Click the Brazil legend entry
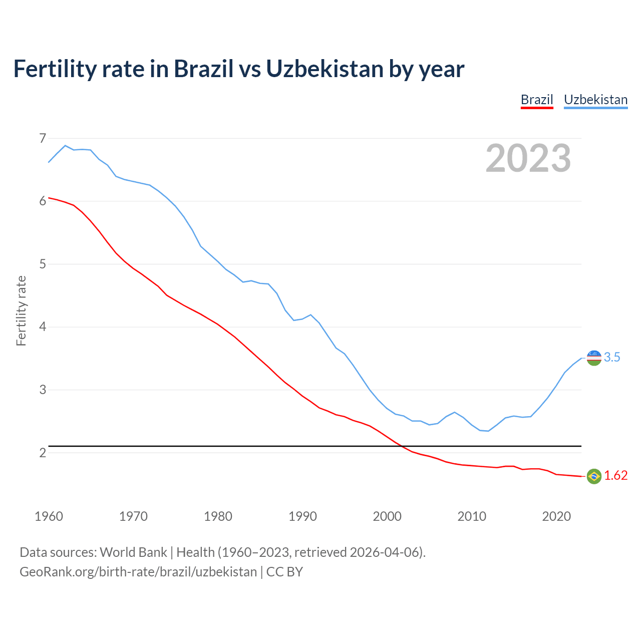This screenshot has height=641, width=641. point(537,100)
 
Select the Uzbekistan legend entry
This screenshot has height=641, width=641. point(595,100)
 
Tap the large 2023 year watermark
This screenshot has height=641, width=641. point(528,158)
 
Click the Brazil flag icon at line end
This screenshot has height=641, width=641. point(594,476)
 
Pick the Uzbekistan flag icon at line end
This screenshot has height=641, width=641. point(594,358)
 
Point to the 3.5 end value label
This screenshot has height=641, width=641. point(612,357)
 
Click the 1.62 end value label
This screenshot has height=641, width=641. point(615,475)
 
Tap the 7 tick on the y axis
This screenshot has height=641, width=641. point(43,138)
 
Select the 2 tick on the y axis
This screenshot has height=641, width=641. point(43,453)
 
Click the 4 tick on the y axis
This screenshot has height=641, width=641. point(43,327)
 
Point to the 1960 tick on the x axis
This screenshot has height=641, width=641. point(49,516)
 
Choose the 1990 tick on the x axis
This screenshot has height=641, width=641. point(302,516)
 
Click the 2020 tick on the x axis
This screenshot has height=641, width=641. point(556,516)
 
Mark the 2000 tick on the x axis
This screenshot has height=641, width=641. point(387,516)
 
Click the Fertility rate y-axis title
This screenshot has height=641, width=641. point(21,310)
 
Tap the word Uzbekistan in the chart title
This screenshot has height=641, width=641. point(324,69)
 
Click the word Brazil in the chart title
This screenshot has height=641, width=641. point(203,69)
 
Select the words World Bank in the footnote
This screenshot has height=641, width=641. point(133,552)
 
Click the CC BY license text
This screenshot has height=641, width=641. point(284,572)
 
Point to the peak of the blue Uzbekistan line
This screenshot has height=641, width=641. point(65,145)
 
